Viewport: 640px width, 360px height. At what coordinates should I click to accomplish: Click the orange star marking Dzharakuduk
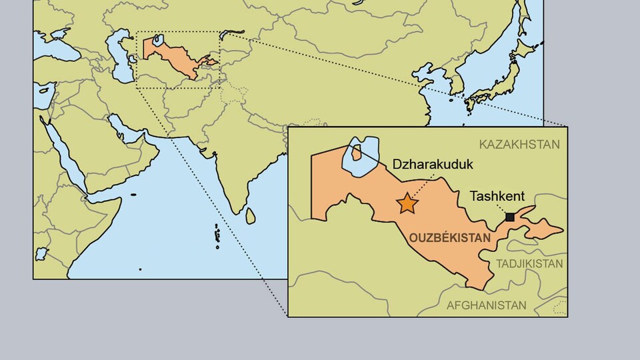pos(407,203)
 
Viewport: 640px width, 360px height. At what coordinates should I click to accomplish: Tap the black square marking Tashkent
pos(510,217)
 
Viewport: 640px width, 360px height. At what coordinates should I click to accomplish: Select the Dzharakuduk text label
pos(428,164)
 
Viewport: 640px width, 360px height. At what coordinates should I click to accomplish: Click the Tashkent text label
pos(497,197)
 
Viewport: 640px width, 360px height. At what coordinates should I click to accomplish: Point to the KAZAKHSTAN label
pos(519,145)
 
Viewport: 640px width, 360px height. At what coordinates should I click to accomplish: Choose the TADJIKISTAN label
pos(528,264)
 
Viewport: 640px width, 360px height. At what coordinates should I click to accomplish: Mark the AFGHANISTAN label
pos(486,305)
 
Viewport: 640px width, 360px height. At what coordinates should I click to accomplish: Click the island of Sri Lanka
pos(251,215)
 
